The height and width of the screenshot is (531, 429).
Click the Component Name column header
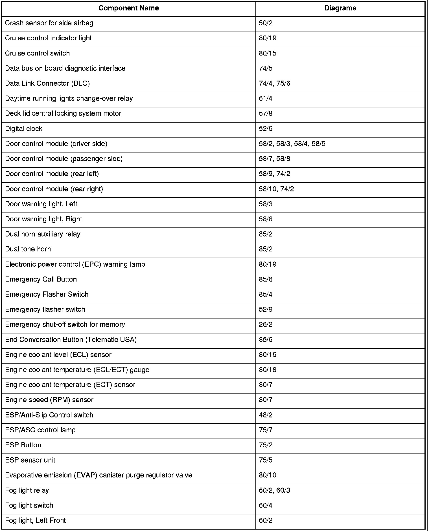pos(128,8)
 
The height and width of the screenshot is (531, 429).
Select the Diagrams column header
pos(340,8)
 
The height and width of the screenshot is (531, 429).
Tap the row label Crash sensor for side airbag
pos(49,23)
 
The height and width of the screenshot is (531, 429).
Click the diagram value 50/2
pos(266,23)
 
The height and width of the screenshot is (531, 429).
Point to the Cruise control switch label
pos(37,53)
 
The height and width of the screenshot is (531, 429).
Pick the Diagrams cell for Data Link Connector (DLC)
pos(274,83)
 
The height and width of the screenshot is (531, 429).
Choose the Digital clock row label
pos(24,129)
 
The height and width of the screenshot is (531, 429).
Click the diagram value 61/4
pos(266,99)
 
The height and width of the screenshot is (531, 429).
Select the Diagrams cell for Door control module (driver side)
pos(292,144)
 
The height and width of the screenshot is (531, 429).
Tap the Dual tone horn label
pos(28,249)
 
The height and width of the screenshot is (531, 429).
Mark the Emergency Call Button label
pos(41,279)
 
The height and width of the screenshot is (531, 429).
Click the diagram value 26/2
pos(266,324)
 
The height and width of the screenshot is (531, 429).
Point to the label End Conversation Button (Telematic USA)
pos(71,340)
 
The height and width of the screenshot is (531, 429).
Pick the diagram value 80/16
pos(268,355)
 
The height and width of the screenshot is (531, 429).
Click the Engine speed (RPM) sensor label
pos(49,400)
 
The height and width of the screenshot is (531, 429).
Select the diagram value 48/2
pos(266,415)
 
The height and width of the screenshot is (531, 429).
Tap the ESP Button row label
pos(23,445)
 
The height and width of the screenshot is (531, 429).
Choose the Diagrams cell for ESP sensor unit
pos(266,460)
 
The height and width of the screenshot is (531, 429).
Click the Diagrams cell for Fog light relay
pos(274,490)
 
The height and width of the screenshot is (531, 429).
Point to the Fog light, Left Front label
pos(35,521)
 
